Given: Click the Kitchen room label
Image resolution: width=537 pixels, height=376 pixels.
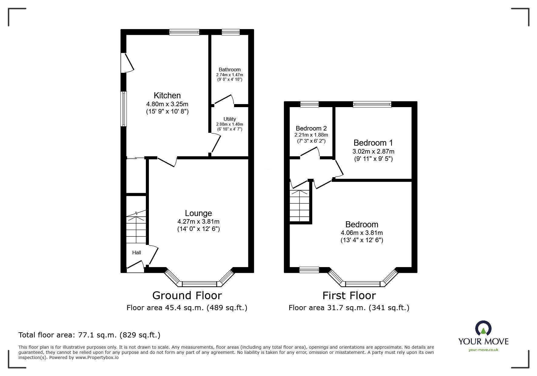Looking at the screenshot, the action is [x=167, y=96].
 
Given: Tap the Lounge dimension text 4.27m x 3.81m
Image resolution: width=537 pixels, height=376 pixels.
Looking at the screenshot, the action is [x=199, y=222].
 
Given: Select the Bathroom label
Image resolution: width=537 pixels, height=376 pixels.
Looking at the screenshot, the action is [x=230, y=70].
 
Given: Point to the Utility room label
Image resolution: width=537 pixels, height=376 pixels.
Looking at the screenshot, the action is [x=230, y=119].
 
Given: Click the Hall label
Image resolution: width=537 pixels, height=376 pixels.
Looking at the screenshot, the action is [x=137, y=252].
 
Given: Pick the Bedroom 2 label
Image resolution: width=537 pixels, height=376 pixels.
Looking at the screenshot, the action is [x=311, y=128].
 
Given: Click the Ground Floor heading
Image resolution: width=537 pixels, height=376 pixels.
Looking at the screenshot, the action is [x=187, y=295].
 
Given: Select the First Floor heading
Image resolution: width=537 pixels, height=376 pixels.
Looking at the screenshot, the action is [x=349, y=295].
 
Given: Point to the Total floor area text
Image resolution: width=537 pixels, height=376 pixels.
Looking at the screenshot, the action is [x=89, y=335].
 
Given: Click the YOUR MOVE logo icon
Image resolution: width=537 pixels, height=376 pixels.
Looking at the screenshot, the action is [x=483, y=329].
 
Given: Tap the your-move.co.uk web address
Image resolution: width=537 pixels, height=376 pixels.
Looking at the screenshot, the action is [x=483, y=350].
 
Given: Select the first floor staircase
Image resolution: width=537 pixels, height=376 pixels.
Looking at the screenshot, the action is [x=300, y=206].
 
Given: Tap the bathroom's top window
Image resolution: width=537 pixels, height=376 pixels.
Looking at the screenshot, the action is [x=230, y=32].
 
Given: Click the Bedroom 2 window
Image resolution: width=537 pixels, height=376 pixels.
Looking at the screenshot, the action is [x=310, y=104].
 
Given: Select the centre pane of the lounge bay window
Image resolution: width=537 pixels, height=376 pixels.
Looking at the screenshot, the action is [x=199, y=284].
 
